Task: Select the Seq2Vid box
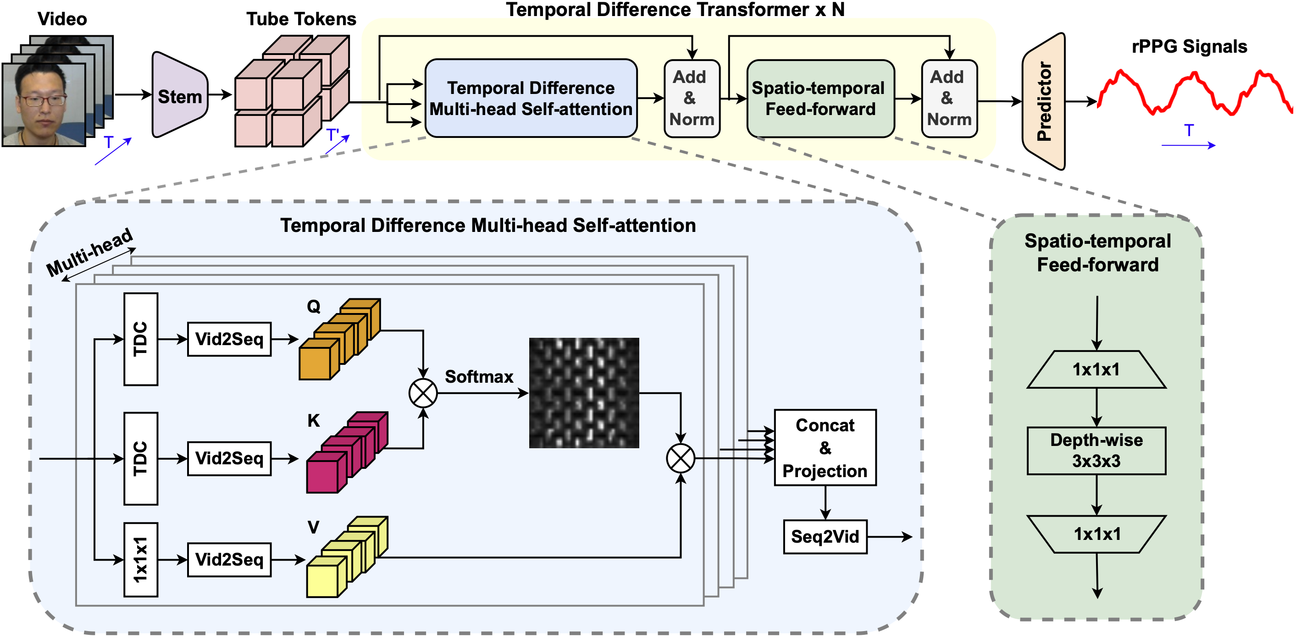[x=825, y=536]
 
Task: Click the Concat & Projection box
[x=825, y=447]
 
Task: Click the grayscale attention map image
[x=584, y=393]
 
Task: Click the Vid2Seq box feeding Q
[x=229, y=339]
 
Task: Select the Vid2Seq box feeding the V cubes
[x=229, y=559]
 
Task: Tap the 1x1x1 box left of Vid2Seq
[x=141, y=559]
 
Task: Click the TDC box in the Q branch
[x=141, y=339]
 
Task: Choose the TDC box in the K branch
[x=141, y=458]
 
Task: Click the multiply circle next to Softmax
[x=423, y=393]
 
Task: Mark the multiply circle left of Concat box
[x=680, y=458]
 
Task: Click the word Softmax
[x=478, y=377]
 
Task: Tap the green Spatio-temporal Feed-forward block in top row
[x=820, y=99]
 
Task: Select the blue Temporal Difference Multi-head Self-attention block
[x=531, y=99]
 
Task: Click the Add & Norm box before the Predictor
[x=949, y=99]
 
